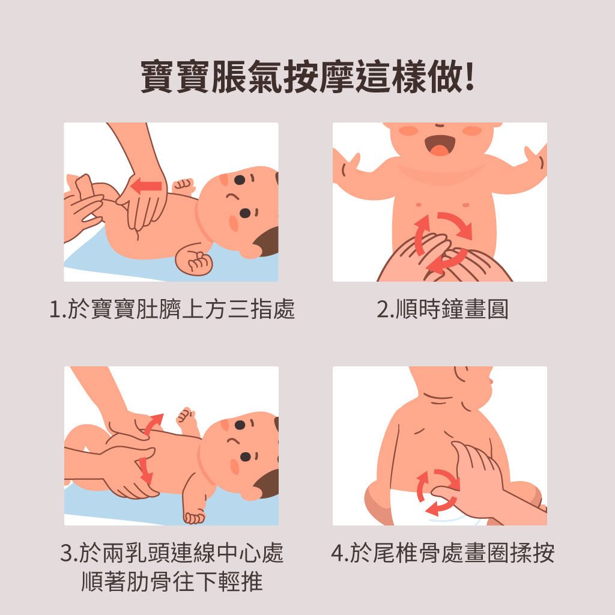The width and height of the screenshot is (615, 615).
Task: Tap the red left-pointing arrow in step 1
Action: click(x=146, y=186)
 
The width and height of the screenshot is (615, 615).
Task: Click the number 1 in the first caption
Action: click(x=55, y=309)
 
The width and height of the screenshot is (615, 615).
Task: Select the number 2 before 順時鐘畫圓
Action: click(x=383, y=309)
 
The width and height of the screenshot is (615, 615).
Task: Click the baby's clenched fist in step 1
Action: click(x=195, y=261)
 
